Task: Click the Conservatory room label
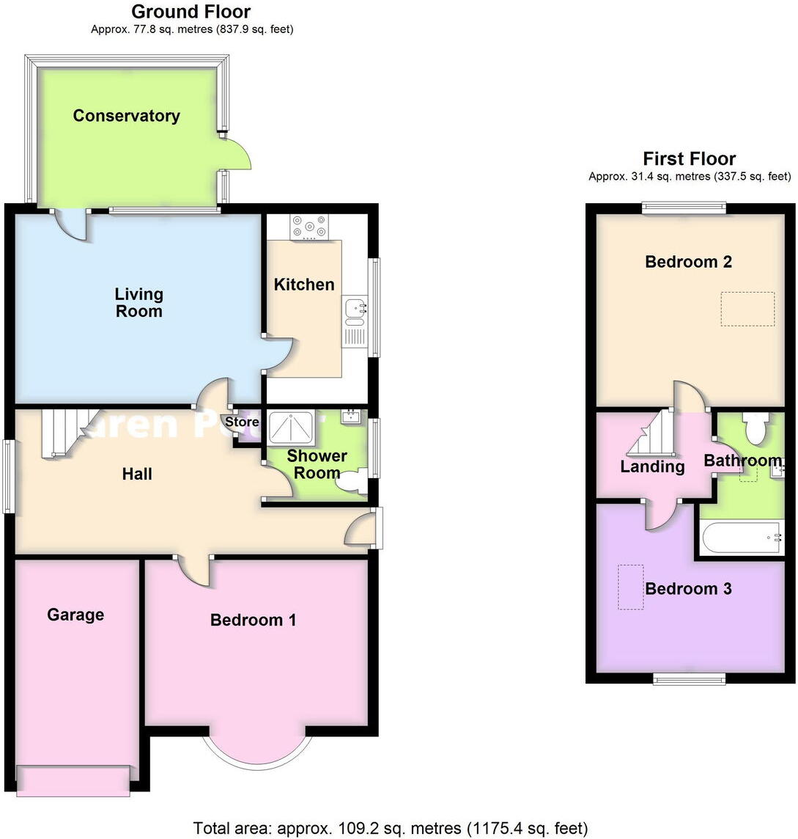[126, 116]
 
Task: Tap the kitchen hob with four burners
[310, 227]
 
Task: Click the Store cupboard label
[241, 422]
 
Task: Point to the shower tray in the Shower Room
[291, 428]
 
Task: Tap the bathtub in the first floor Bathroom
[742, 538]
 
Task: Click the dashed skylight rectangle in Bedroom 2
[747, 309]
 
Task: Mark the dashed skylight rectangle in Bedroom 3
[630, 587]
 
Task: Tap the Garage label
[75, 615]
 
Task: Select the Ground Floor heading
[191, 12]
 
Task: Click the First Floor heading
[689, 158]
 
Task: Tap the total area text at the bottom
[390, 828]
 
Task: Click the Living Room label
[138, 302]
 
